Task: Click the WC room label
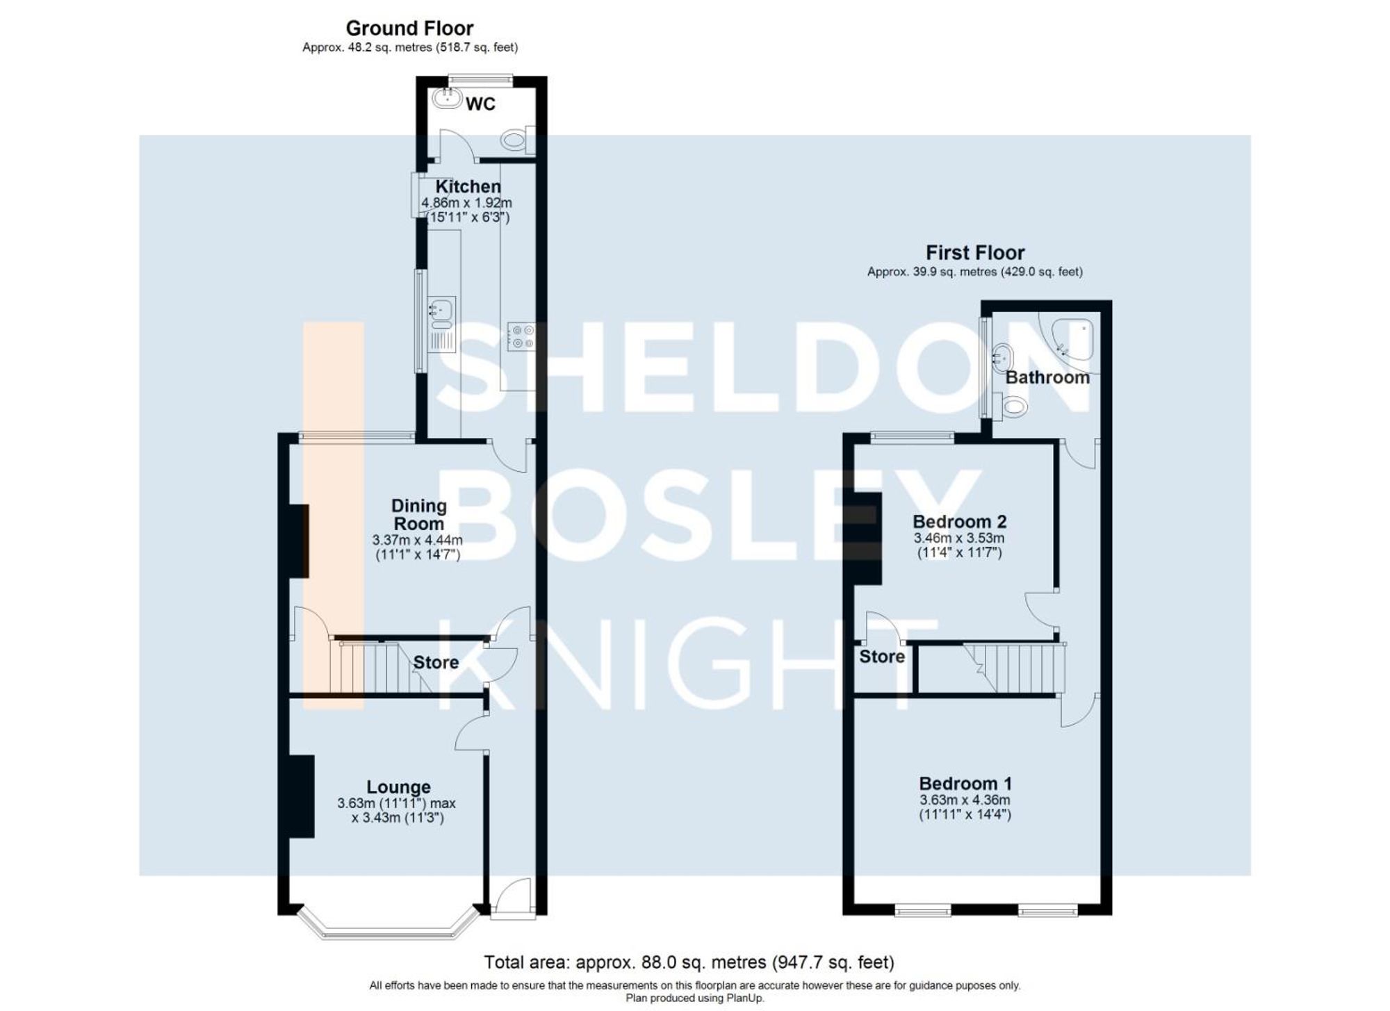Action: click(480, 104)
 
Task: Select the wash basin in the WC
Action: click(447, 99)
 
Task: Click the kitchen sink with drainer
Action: click(441, 324)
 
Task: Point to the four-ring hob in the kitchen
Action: click(521, 337)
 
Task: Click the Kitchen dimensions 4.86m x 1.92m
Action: click(466, 203)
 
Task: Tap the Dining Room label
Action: click(418, 515)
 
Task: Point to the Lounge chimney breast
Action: click(301, 796)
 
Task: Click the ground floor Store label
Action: click(436, 663)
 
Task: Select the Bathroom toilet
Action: click(1013, 405)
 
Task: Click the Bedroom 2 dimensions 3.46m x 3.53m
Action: click(959, 539)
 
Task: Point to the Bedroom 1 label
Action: click(965, 784)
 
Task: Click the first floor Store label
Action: click(882, 657)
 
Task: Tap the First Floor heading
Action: click(974, 252)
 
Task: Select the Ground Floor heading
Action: click(409, 28)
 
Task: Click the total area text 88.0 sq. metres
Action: click(688, 962)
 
